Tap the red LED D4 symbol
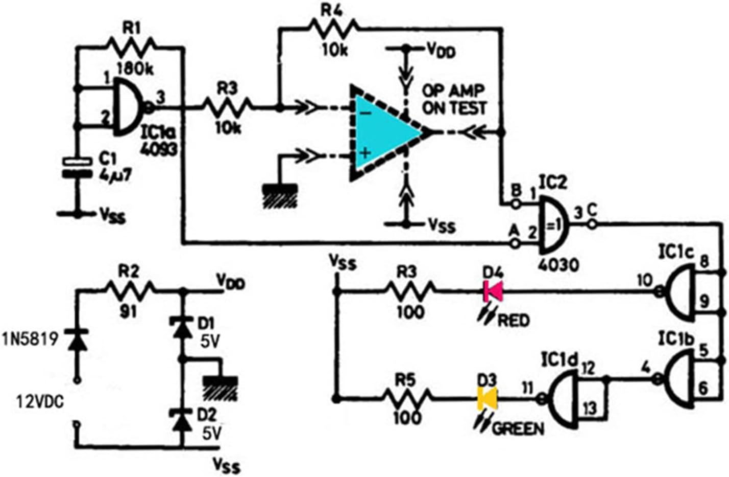[x=493, y=291]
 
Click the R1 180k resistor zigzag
[x=130, y=48]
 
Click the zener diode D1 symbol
[x=182, y=327]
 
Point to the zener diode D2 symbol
[x=182, y=421]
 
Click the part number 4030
[x=558, y=264]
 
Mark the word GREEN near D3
[x=518, y=428]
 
